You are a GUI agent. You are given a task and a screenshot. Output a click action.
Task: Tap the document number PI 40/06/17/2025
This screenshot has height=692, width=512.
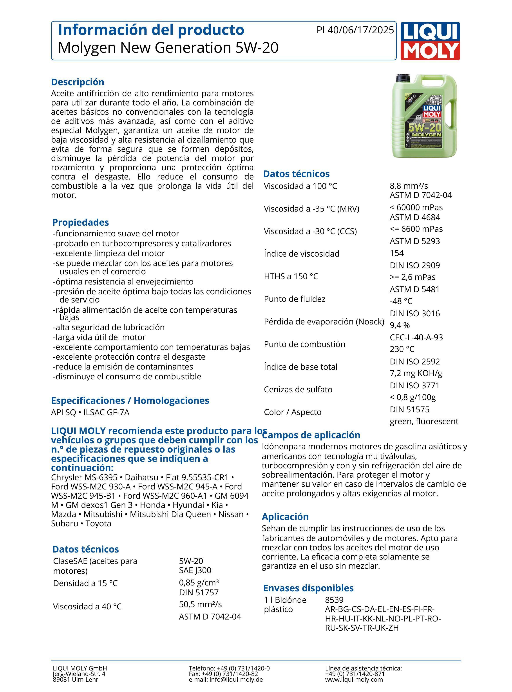[355, 30]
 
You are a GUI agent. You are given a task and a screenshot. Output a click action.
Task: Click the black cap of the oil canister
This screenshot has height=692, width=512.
[403, 78]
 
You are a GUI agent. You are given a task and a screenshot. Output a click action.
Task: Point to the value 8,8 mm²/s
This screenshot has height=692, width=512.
[409, 186]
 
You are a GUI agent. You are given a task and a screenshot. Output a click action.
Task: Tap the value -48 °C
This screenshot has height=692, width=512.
[401, 301]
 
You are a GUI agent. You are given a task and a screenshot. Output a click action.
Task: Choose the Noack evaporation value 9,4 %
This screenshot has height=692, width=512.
[400, 325]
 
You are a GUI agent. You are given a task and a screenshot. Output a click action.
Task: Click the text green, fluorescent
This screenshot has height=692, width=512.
[424, 421]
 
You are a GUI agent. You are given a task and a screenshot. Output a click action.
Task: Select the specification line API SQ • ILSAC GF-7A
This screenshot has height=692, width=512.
[90, 413]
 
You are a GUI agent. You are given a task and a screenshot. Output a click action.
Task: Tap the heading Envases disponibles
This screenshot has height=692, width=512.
[308, 588]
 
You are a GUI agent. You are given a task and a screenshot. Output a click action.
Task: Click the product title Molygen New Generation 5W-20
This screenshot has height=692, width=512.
[168, 48]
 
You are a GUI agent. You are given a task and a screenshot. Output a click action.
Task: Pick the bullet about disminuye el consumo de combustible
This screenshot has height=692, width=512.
[127, 377]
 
